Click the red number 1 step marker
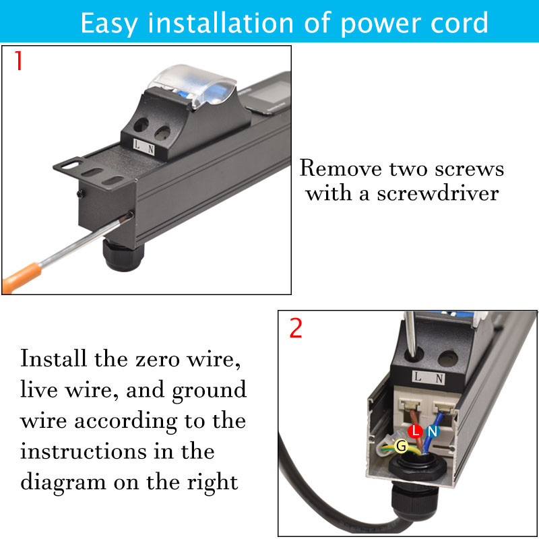(x=19, y=61)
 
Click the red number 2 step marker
(x=296, y=328)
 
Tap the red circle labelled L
(x=415, y=431)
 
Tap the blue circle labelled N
(x=433, y=431)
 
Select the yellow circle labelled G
(x=401, y=446)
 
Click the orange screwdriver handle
(x=22, y=277)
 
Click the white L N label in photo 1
(x=144, y=147)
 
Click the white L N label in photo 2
(x=429, y=378)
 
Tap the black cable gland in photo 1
(x=123, y=255)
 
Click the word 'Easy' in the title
(x=108, y=24)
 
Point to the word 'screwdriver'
(x=438, y=193)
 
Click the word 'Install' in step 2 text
(x=53, y=358)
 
